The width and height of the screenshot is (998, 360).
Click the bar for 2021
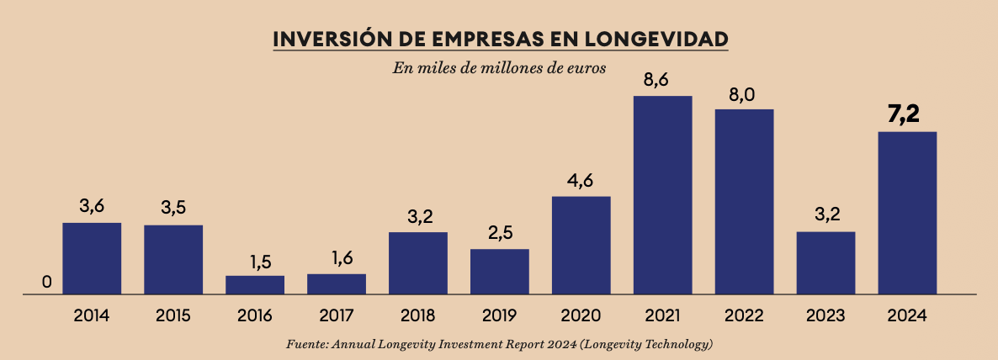(x=663, y=194)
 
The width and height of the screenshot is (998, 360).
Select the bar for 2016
(x=255, y=284)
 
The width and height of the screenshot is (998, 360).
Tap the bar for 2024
(x=907, y=212)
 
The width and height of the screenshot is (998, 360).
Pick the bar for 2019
(x=500, y=271)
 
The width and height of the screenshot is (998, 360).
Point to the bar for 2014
(x=92, y=257)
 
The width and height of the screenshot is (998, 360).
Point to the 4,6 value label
(x=581, y=182)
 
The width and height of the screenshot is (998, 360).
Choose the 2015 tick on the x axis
(x=173, y=316)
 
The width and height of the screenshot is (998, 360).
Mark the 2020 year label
(x=581, y=316)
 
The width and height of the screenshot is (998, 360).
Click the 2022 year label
(x=744, y=316)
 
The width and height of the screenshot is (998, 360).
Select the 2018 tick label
(x=418, y=316)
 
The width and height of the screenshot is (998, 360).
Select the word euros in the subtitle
(x=586, y=67)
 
